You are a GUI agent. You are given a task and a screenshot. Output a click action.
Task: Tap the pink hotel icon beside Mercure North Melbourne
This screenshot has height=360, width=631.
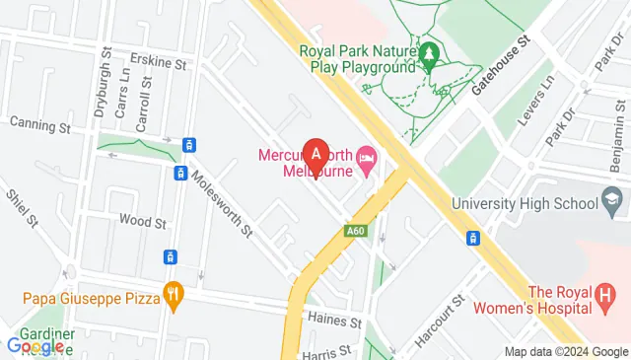(x=367, y=157)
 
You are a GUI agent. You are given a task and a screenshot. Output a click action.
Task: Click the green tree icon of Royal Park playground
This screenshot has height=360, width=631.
(x=430, y=51)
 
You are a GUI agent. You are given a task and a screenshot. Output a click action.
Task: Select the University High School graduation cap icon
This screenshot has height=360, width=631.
(x=612, y=202)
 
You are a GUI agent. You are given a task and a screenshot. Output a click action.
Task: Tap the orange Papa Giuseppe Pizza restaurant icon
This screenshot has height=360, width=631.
(x=175, y=291)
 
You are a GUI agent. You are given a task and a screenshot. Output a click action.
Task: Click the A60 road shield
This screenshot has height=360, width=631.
(x=357, y=232)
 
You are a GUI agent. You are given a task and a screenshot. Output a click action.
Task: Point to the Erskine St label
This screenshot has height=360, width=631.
(x=163, y=64)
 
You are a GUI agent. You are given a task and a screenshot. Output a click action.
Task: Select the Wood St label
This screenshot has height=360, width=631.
(x=141, y=222)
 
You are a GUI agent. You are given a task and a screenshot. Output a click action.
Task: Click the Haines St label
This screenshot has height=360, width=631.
(x=331, y=318)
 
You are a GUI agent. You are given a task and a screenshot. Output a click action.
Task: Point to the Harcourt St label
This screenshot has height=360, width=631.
(x=439, y=322)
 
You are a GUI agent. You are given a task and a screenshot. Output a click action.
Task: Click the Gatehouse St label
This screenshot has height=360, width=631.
(x=501, y=65)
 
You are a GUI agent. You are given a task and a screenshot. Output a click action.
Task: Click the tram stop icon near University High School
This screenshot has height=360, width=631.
(x=474, y=238)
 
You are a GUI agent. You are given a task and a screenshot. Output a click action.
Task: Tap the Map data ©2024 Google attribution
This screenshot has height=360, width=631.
(x=565, y=352)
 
